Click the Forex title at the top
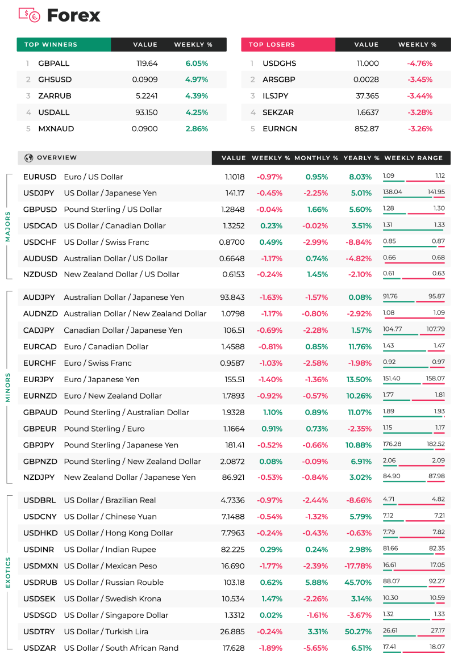(x=74, y=15)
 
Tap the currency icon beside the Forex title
(x=30, y=15)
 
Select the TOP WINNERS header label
(x=51, y=44)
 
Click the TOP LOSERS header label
(x=272, y=44)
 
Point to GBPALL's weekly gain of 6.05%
(x=197, y=63)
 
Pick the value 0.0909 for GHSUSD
(x=145, y=79)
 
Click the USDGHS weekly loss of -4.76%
(x=419, y=63)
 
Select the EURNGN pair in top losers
(x=280, y=129)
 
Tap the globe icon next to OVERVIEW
(x=28, y=158)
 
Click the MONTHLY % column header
(x=317, y=158)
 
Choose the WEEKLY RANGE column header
(x=414, y=158)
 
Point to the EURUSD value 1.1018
(x=235, y=177)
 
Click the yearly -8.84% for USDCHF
(x=359, y=242)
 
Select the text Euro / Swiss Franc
(x=98, y=363)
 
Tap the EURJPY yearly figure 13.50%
(x=359, y=379)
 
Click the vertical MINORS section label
(x=7, y=388)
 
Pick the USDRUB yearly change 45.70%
(x=358, y=583)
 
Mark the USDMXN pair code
(x=41, y=566)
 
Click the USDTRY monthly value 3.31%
(x=318, y=631)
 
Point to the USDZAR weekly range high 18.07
(x=437, y=647)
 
